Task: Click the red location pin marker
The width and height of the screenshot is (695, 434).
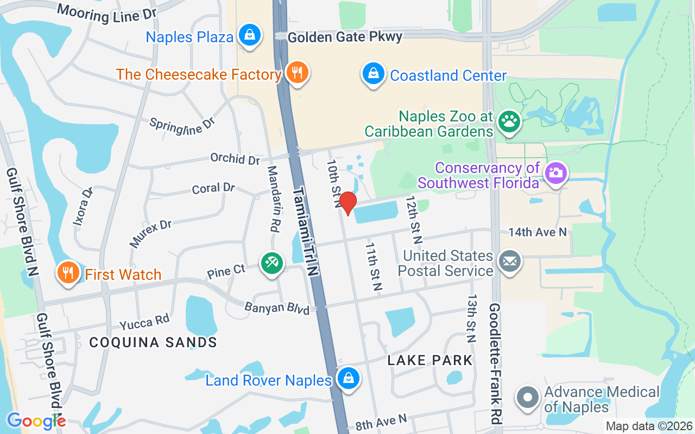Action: (347, 203)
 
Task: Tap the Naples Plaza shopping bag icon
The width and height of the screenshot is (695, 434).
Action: (249, 35)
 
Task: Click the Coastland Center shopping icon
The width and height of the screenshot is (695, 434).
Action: (373, 74)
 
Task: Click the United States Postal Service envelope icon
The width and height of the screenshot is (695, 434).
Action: (509, 262)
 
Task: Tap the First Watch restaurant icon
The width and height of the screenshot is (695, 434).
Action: (68, 273)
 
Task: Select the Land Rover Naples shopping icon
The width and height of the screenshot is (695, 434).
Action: (348, 379)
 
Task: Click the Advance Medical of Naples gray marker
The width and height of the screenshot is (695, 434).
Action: (527, 398)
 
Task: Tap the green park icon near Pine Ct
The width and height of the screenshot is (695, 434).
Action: (271, 264)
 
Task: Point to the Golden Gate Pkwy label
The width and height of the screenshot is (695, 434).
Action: (345, 37)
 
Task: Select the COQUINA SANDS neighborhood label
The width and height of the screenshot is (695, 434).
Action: (153, 342)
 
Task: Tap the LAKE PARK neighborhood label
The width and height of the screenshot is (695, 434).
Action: (431, 360)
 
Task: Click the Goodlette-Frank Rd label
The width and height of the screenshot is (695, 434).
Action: (495, 363)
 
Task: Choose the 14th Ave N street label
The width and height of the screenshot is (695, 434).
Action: (538, 232)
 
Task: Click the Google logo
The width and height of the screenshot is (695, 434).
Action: (36, 421)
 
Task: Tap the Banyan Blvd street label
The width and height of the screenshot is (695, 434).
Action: (277, 308)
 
